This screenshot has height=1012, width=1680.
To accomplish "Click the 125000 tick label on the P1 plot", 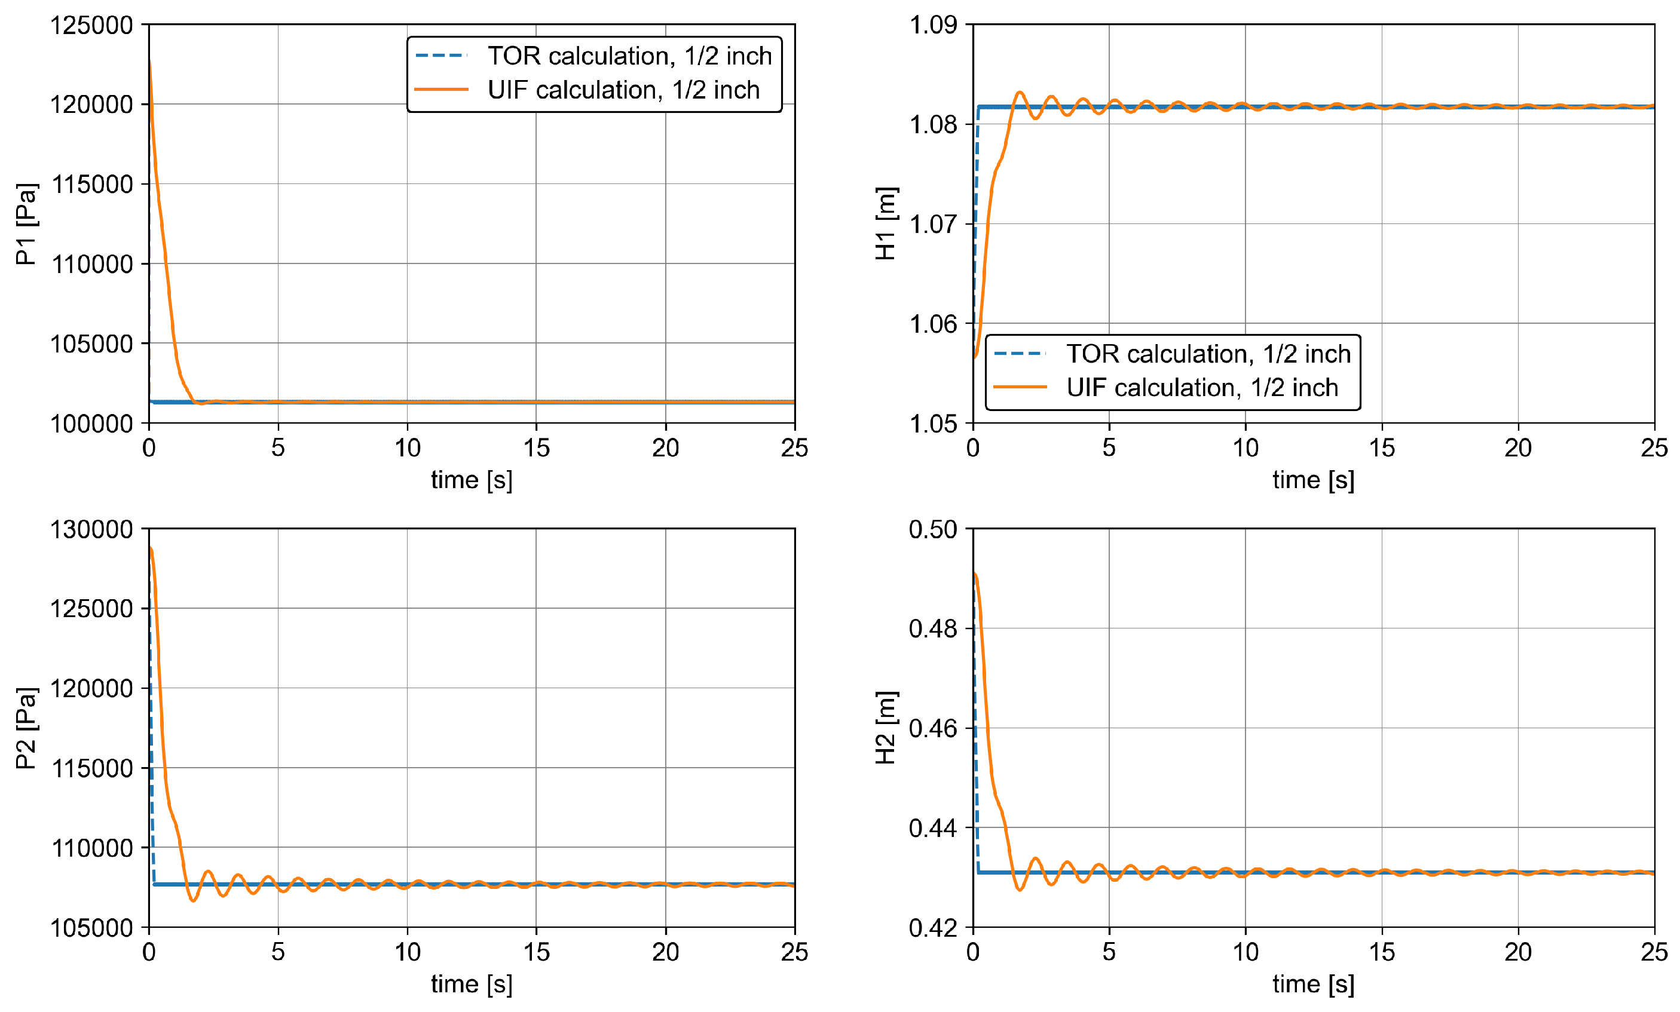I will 91,26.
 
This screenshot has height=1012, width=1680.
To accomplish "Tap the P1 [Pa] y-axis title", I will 26,223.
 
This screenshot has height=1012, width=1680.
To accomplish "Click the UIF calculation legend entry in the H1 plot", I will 1201,387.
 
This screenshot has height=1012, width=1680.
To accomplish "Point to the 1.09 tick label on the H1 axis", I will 933,25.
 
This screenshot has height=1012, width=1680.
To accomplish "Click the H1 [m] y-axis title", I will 886,223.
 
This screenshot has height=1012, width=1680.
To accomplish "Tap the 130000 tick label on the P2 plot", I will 91,529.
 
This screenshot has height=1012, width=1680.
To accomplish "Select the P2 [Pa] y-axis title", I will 26,728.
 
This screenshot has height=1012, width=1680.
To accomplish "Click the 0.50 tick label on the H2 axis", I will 933,529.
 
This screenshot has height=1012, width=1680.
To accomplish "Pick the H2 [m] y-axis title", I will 886,728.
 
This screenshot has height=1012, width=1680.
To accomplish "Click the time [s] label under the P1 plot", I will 472,480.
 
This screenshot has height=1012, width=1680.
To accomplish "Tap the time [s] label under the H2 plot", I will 1313,983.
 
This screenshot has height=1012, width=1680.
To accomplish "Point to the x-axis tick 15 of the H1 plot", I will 1382,447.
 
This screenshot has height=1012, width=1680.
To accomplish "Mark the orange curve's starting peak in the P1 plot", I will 149,63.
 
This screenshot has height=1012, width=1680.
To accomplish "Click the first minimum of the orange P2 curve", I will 194,900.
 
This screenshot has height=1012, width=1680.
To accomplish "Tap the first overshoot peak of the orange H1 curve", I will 1020,92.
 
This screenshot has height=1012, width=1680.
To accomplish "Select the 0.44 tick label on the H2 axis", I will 933,828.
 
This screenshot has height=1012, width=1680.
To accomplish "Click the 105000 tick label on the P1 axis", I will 91,344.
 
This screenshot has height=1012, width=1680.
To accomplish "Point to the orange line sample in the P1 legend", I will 441,89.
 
